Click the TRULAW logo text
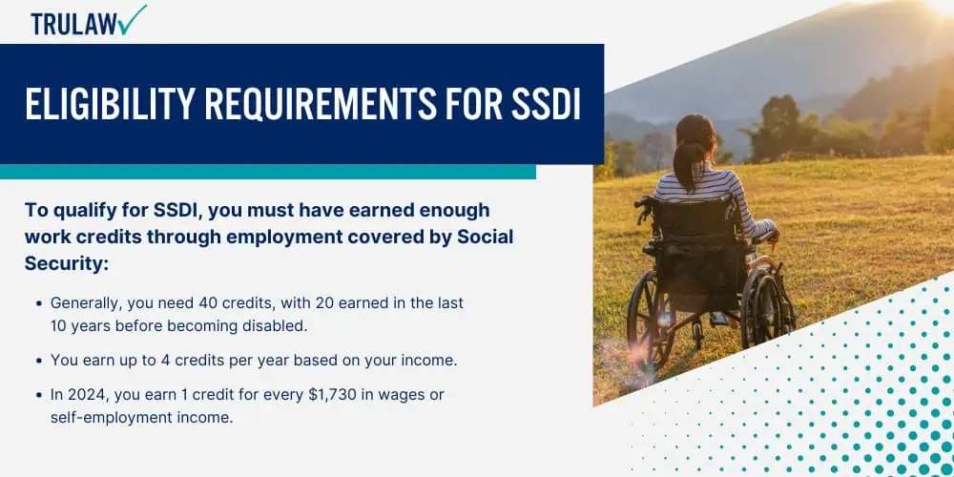point(74,24)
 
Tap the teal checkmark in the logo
point(134,19)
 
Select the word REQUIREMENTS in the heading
point(320,104)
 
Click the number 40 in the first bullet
point(229,303)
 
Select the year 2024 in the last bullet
point(89,395)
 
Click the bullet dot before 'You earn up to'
point(39,361)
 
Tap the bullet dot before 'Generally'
point(39,303)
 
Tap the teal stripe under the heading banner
point(268,172)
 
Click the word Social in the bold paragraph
point(486,238)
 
